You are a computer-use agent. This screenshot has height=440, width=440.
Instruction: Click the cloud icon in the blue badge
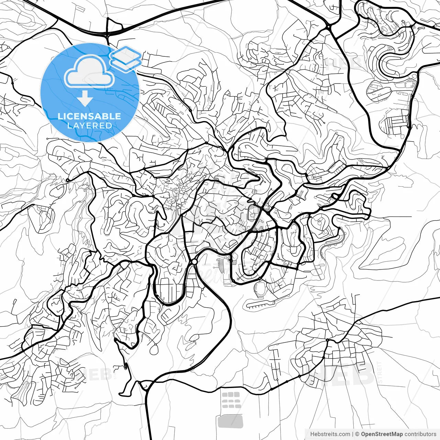(x=89, y=72)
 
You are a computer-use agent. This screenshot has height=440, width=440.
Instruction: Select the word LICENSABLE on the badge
(x=89, y=116)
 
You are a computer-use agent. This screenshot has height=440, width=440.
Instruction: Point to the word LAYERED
(x=89, y=126)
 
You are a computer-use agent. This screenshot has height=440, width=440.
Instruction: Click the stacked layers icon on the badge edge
(x=125, y=58)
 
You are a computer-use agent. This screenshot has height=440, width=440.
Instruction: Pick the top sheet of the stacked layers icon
(x=125, y=54)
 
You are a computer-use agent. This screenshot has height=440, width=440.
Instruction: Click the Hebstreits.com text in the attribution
(x=330, y=434)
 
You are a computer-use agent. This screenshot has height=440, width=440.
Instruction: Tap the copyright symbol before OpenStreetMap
(x=357, y=434)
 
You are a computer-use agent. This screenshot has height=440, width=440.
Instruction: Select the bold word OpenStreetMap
(x=382, y=434)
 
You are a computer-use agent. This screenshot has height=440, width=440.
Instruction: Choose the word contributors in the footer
(x=420, y=434)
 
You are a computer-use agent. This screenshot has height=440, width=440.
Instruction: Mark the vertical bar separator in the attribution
(x=353, y=434)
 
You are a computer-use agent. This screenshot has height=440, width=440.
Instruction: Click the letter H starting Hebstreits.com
(x=312, y=434)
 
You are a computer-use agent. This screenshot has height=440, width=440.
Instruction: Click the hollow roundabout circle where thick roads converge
(x=194, y=262)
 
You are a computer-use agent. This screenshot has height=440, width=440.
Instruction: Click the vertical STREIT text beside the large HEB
(x=379, y=373)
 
